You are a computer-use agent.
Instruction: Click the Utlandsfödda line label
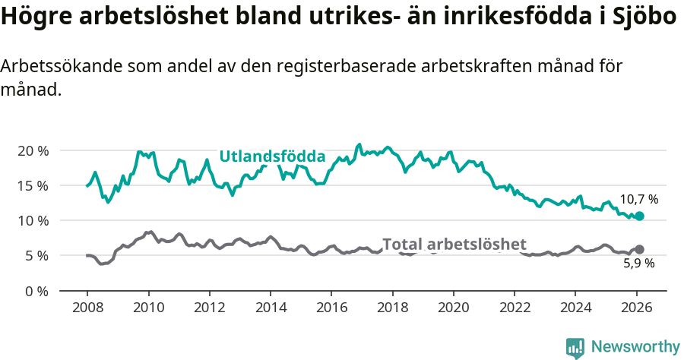[x=272, y=156]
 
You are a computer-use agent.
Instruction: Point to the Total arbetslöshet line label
[x=454, y=244]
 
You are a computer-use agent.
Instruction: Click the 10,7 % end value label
[x=638, y=200]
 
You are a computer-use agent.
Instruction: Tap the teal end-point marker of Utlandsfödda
[x=639, y=216]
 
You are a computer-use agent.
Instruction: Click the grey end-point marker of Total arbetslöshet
[x=639, y=249]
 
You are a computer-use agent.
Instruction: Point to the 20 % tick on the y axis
[x=33, y=150]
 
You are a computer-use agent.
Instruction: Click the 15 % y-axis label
[x=33, y=185]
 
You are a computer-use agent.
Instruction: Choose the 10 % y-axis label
[x=33, y=220]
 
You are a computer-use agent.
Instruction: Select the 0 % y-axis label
[x=36, y=291]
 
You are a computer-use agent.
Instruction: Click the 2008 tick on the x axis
[x=87, y=308]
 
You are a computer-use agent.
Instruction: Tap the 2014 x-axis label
[x=270, y=308]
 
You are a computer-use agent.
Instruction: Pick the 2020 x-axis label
[x=453, y=308]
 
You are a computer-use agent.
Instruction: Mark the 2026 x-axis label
[x=636, y=308]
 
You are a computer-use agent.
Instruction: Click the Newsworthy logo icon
[x=575, y=347]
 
